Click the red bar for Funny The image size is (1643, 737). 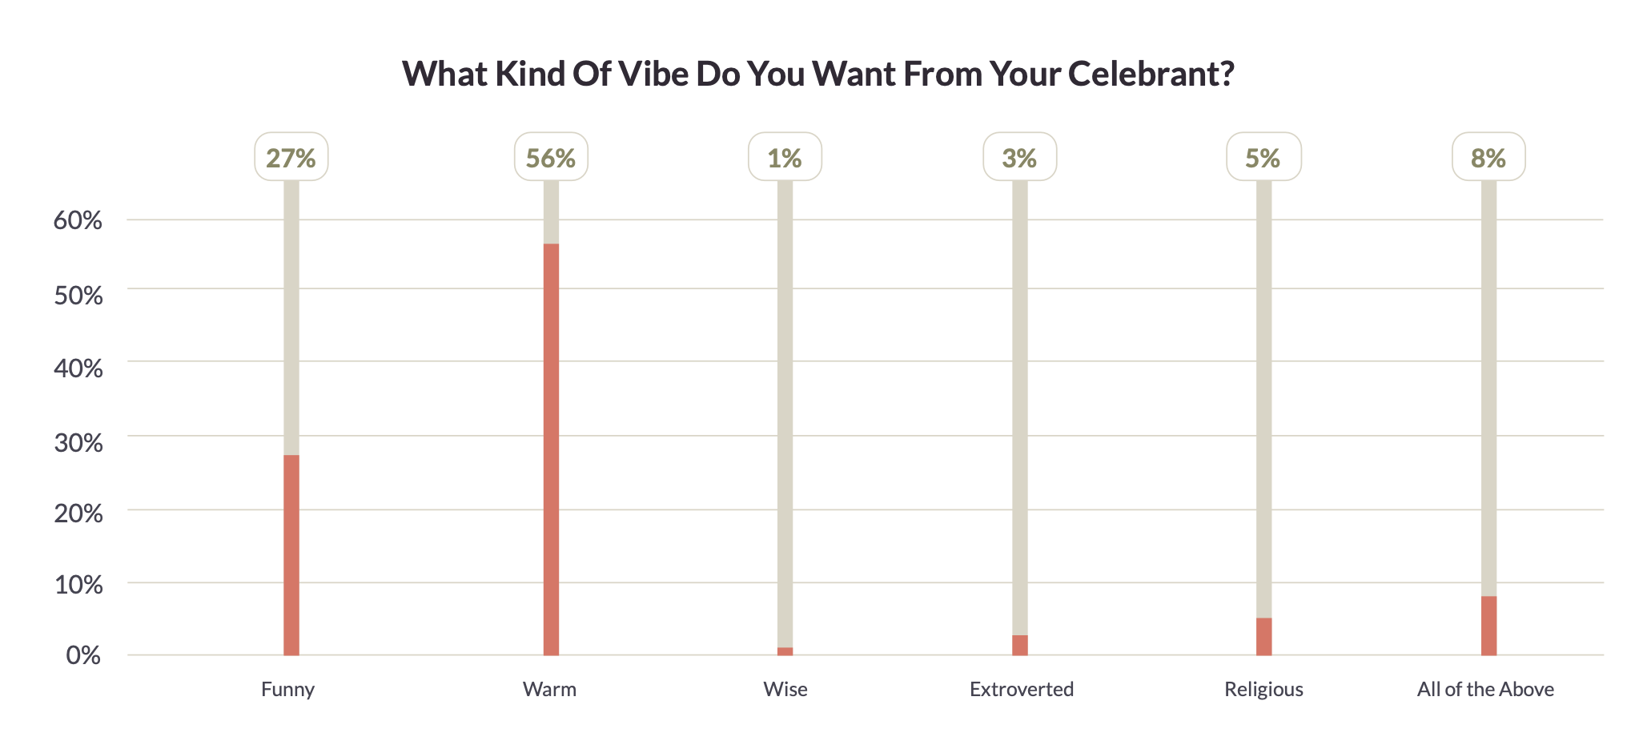(x=291, y=554)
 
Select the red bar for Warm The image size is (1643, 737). (x=551, y=449)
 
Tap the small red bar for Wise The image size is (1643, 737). (x=785, y=651)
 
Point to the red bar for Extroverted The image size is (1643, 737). (x=1019, y=646)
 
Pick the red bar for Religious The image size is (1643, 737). (x=1263, y=637)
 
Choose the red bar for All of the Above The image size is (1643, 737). (x=1488, y=626)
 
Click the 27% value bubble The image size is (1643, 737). (x=291, y=157)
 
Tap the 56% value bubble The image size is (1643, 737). (x=551, y=157)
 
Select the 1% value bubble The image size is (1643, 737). (x=785, y=157)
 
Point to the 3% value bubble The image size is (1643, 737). (x=1019, y=157)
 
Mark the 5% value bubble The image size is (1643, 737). (x=1263, y=157)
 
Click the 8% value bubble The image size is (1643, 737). (x=1488, y=157)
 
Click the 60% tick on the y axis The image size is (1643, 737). (x=78, y=220)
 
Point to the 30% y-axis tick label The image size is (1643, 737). (x=78, y=442)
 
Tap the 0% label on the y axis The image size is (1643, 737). (x=83, y=655)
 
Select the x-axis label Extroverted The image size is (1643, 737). (x=1021, y=689)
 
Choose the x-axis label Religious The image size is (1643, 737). (x=1263, y=689)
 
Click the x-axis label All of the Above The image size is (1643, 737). (x=1485, y=689)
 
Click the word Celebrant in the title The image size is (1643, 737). (x=1151, y=74)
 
